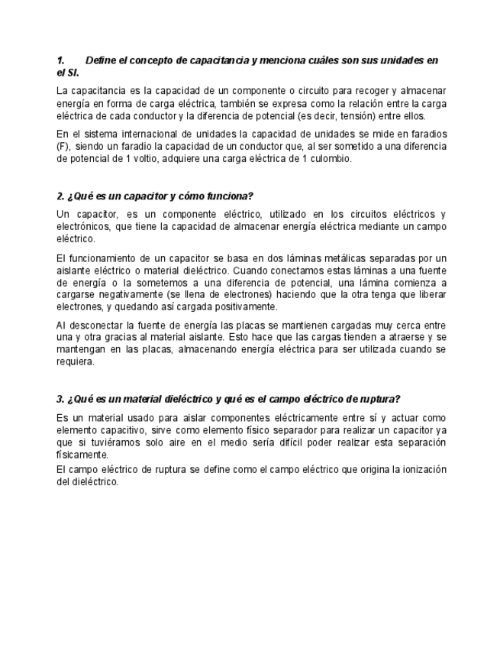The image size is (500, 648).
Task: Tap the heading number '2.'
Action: (62, 196)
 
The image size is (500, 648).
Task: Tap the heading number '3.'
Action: (61, 399)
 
